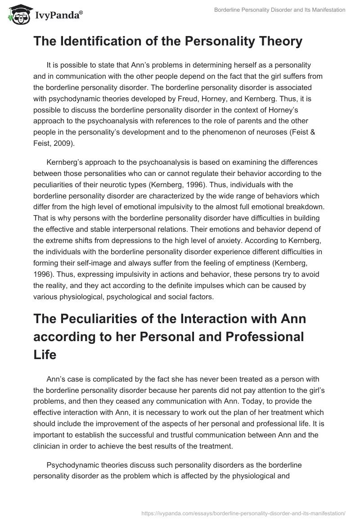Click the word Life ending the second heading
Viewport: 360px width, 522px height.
point(45,355)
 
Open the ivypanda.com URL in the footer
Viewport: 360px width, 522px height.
point(243,513)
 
